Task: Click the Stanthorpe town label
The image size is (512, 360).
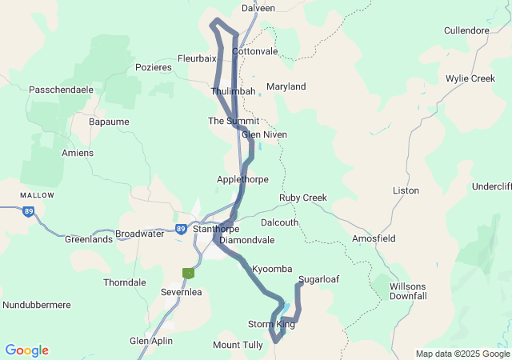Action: pos(215,229)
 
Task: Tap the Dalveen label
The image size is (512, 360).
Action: pos(258,8)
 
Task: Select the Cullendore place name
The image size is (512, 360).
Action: pos(466,31)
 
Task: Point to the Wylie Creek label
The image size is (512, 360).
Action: pos(470,78)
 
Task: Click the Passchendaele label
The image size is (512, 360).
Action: pos(61,90)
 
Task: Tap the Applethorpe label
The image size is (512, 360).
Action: pos(242,179)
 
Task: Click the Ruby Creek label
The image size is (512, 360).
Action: pos(302,198)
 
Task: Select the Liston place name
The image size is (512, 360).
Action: pos(406,190)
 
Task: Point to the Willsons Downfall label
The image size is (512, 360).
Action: pos(408,291)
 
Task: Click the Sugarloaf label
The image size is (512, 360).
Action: pos(318,280)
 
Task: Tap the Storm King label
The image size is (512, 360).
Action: pos(271,324)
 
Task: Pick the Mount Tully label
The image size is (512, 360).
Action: pos(238,345)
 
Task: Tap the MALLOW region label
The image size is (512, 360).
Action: pos(38,195)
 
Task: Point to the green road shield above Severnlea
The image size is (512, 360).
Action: pos(188,273)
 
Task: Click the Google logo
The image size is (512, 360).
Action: pos(26,350)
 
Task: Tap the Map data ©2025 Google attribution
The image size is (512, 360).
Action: pos(462,354)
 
